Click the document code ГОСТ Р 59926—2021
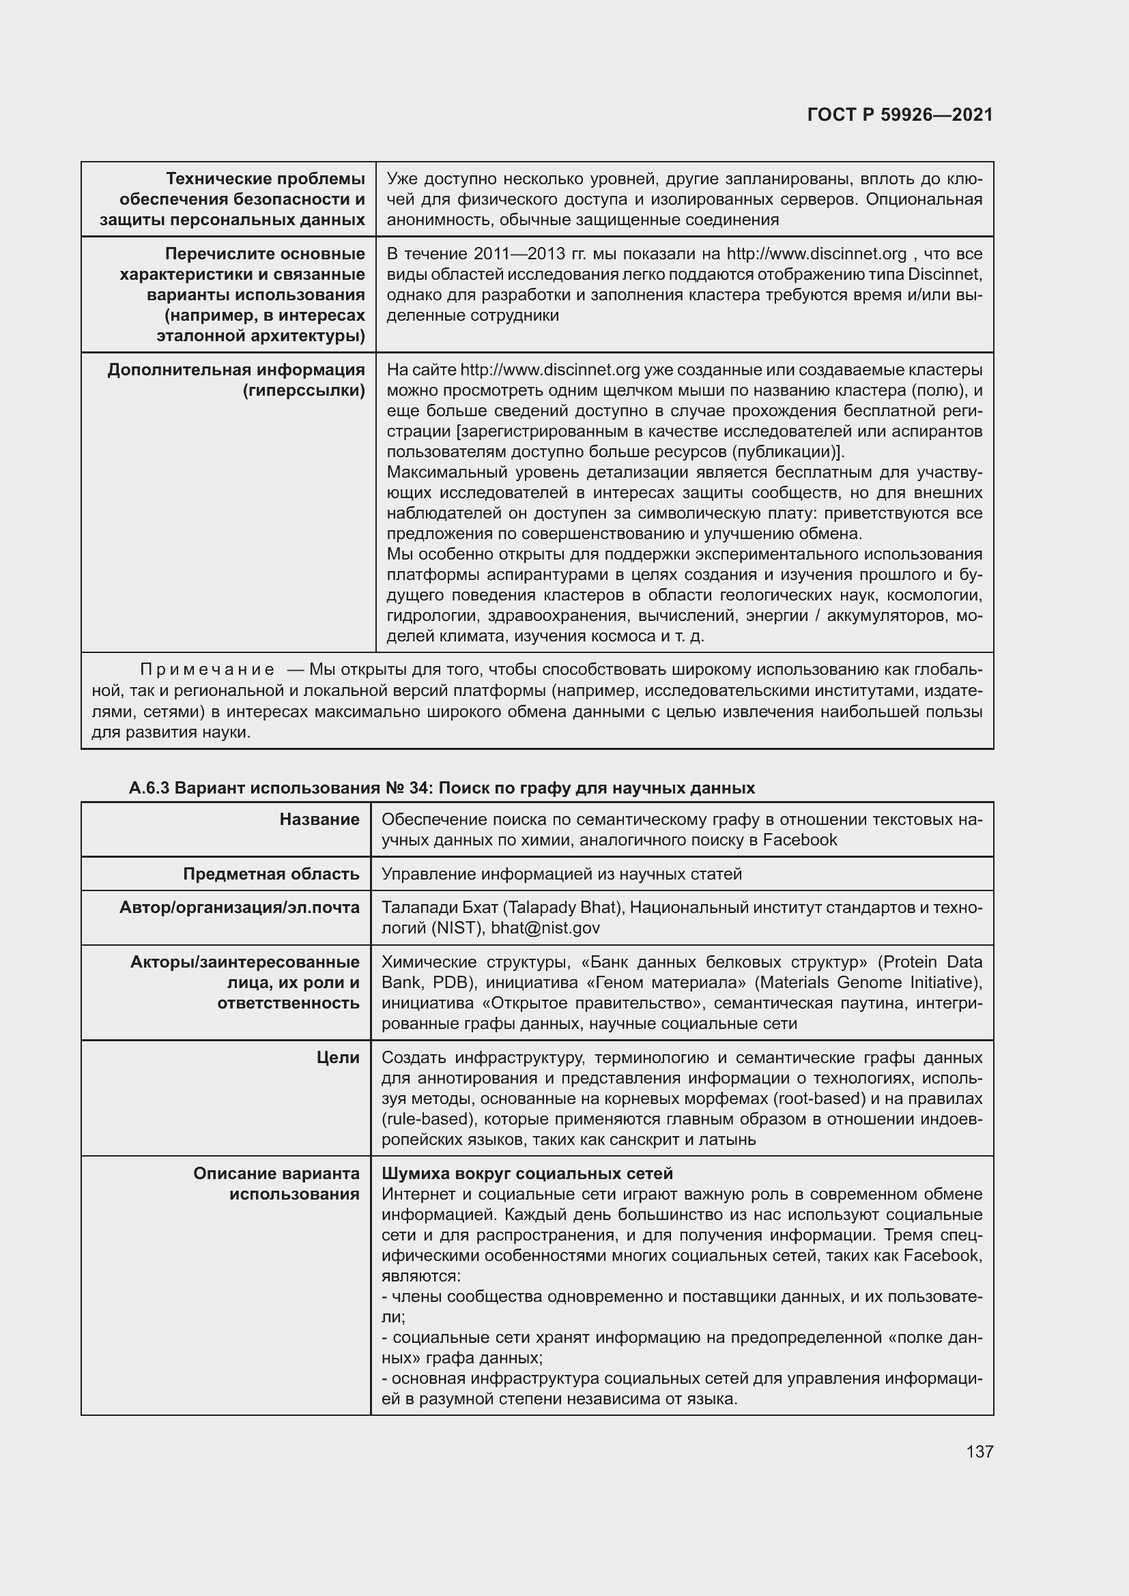[900, 115]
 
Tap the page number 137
[979, 1451]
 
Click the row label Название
[319, 819]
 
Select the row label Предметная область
[271, 874]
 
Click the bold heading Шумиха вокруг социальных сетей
[527, 1174]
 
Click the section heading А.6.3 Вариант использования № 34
[442, 787]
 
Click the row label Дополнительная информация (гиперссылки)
[235, 379]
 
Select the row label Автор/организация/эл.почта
[239, 907]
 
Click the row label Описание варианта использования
[276, 1183]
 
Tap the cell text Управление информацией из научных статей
[561, 874]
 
